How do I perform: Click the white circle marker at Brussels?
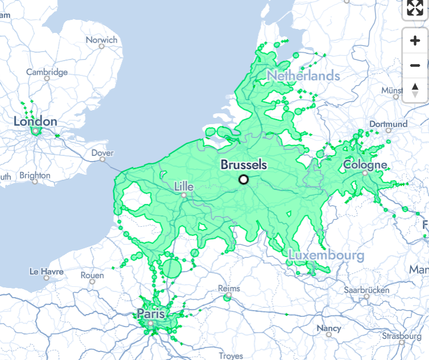click(244, 180)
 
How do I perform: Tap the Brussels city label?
click(243, 166)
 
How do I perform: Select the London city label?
click(35, 121)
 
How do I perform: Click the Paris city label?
click(150, 314)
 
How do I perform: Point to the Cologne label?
click(365, 165)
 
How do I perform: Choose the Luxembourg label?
click(326, 255)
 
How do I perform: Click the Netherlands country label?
click(304, 75)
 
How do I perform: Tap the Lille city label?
click(184, 187)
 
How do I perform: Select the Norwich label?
click(102, 40)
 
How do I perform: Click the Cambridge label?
click(47, 72)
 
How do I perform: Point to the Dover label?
click(102, 153)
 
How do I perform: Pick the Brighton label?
click(35, 176)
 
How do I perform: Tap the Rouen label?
click(92, 276)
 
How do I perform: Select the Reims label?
click(229, 289)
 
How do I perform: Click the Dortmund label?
click(388, 124)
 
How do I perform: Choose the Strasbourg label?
click(401, 336)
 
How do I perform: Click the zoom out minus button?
click(415, 66)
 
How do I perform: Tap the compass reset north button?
click(415, 90)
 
